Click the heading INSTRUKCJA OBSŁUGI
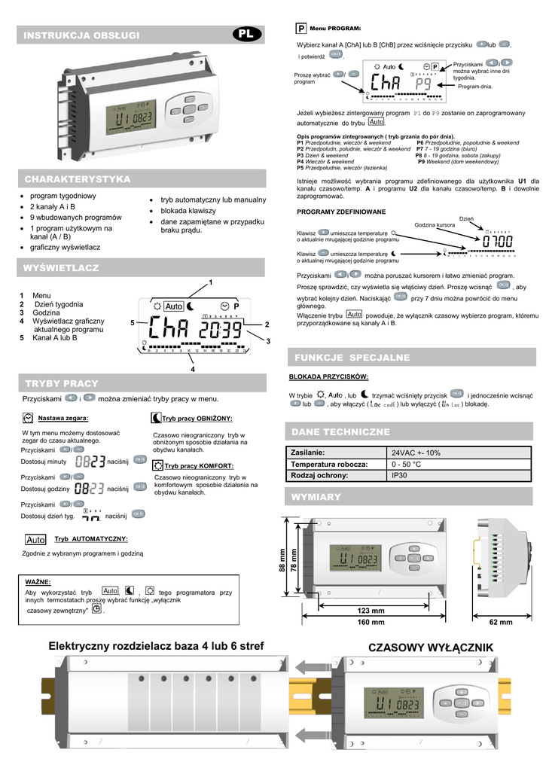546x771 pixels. [x=81, y=35]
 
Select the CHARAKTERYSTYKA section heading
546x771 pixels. [x=78, y=179]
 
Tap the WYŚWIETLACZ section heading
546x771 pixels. [x=62, y=267]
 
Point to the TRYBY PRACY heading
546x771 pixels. [x=62, y=383]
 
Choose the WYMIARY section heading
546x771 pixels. [x=316, y=497]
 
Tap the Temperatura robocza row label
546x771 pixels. [x=328, y=465]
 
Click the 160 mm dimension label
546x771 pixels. [x=371, y=623]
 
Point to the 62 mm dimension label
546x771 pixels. [x=500, y=623]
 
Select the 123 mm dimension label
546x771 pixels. [x=371, y=611]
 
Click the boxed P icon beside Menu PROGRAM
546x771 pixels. [x=300, y=28]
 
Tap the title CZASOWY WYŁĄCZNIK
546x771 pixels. [x=430, y=648]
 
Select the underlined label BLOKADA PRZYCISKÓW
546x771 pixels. [x=329, y=376]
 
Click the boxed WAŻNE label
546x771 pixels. [x=38, y=582]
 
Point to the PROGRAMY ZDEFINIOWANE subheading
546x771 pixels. [x=341, y=212]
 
